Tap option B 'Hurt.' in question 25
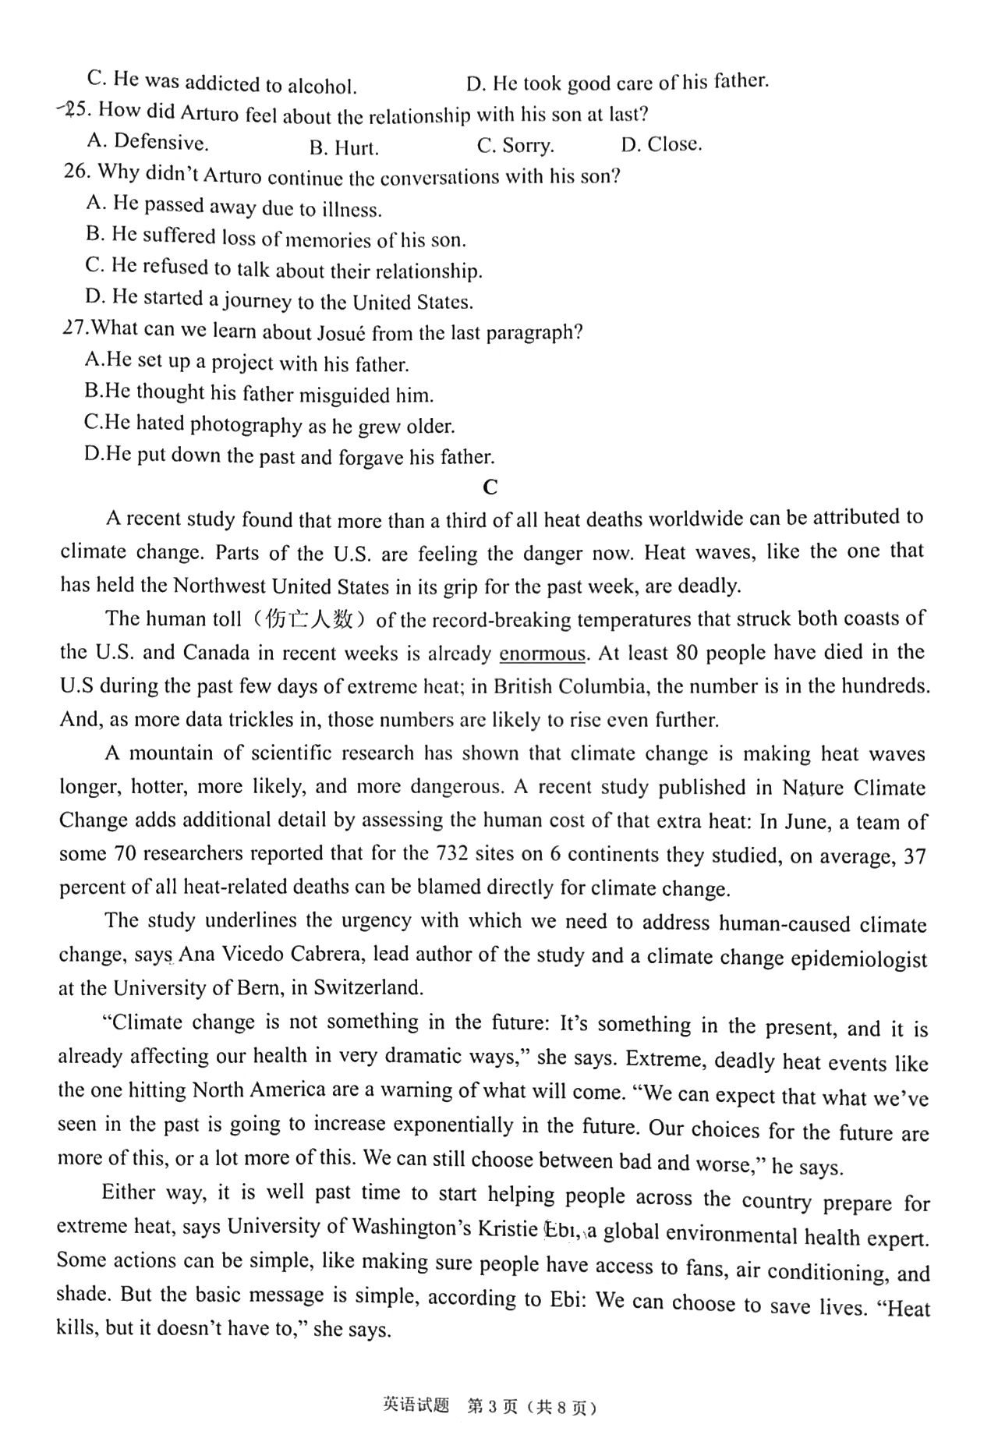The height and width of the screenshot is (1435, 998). (x=344, y=147)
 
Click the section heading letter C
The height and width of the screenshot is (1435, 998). (x=490, y=487)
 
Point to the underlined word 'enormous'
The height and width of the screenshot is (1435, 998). (x=542, y=654)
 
